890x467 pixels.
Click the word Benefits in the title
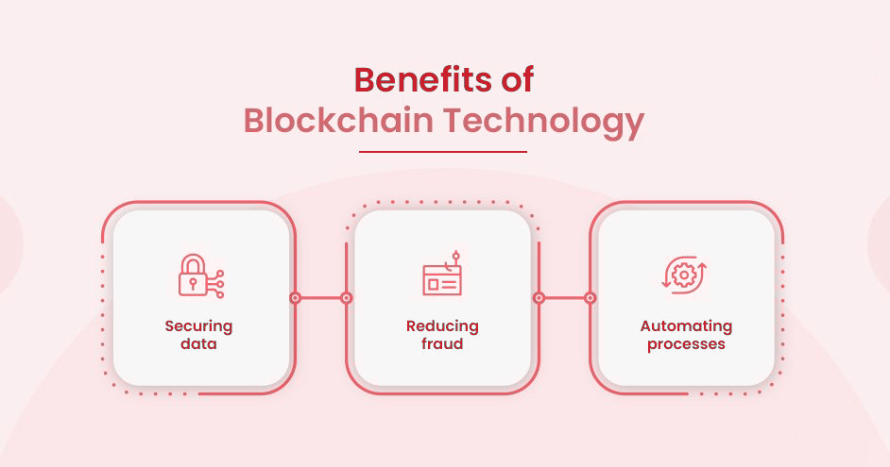[x=423, y=80]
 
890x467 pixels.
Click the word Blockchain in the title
[x=338, y=120]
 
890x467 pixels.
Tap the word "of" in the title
[x=517, y=80]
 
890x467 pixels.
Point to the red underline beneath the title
[x=443, y=152]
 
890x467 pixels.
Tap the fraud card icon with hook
[x=442, y=274]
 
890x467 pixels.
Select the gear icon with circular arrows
[x=684, y=275]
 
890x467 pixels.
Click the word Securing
[x=198, y=327]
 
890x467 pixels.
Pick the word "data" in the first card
[x=198, y=344]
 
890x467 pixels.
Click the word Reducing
[x=442, y=327]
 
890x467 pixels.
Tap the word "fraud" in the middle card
[x=442, y=344]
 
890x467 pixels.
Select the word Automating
[x=686, y=327]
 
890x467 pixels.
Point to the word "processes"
[x=686, y=344]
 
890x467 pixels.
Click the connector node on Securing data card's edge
[x=295, y=298]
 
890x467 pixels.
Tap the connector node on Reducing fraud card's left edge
[x=346, y=298]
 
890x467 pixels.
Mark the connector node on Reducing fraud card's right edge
[x=539, y=298]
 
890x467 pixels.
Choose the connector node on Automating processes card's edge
[x=590, y=298]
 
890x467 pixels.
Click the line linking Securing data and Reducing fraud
[x=320, y=298]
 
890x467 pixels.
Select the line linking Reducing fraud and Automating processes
[x=565, y=298]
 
